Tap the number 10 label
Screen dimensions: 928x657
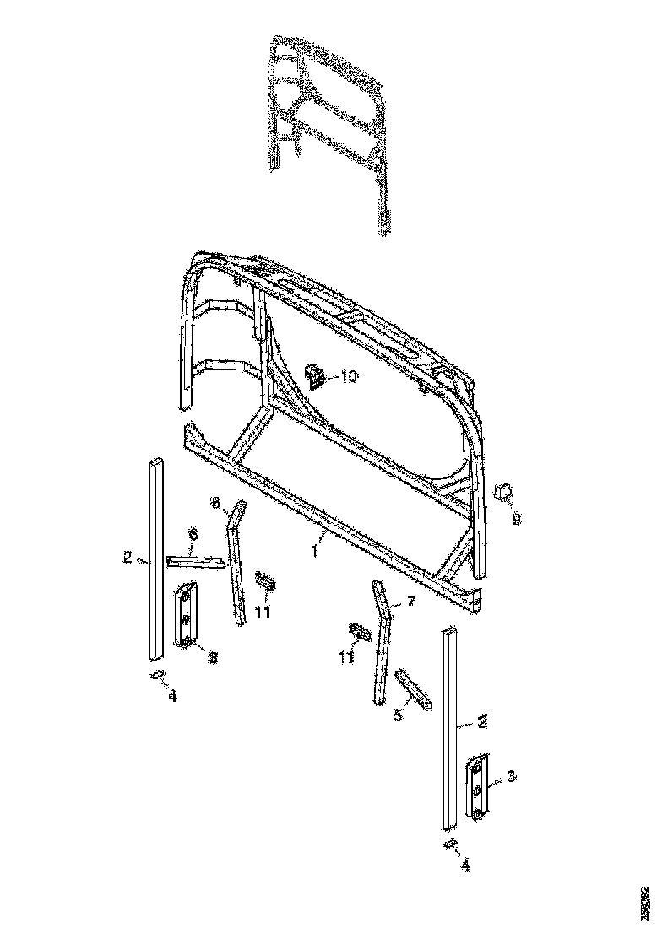[x=347, y=377]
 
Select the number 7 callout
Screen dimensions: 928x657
[x=411, y=602]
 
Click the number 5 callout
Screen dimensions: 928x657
[x=398, y=716]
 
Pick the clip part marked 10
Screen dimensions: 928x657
[x=316, y=376]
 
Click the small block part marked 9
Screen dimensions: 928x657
[x=502, y=491]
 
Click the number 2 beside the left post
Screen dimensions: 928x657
[x=128, y=558]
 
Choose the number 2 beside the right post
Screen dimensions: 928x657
[x=481, y=722]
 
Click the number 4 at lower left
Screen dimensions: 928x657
[x=172, y=696]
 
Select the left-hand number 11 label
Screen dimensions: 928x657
[x=263, y=612]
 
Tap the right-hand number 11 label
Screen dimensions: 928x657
[x=347, y=657]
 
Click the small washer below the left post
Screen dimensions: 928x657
[x=156, y=674]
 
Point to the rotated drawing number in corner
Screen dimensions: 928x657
[x=645, y=903]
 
